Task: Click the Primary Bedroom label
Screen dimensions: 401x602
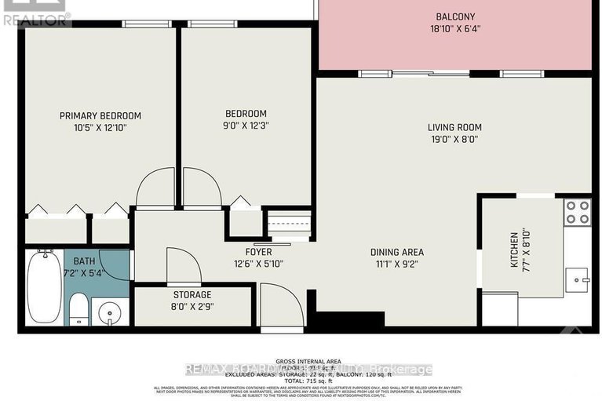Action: pyautogui.click(x=100, y=116)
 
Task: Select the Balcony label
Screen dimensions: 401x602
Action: pyautogui.click(x=455, y=16)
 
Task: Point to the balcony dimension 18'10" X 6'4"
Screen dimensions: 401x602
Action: pyautogui.click(x=455, y=31)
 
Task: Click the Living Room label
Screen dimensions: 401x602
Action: pyautogui.click(x=454, y=127)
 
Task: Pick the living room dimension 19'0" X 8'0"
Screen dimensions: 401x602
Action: pyautogui.click(x=454, y=140)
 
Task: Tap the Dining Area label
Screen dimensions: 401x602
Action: pyautogui.click(x=397, y=252)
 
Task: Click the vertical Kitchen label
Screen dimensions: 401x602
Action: pyautogui.click(x=513, y=249)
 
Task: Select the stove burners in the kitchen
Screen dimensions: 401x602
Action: pyautogui.click(x=578, y=212)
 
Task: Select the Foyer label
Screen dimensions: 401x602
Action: pyautogui.click(x=257, y=252)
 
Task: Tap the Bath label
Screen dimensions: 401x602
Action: pyautogui.click(x=85, y=261)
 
